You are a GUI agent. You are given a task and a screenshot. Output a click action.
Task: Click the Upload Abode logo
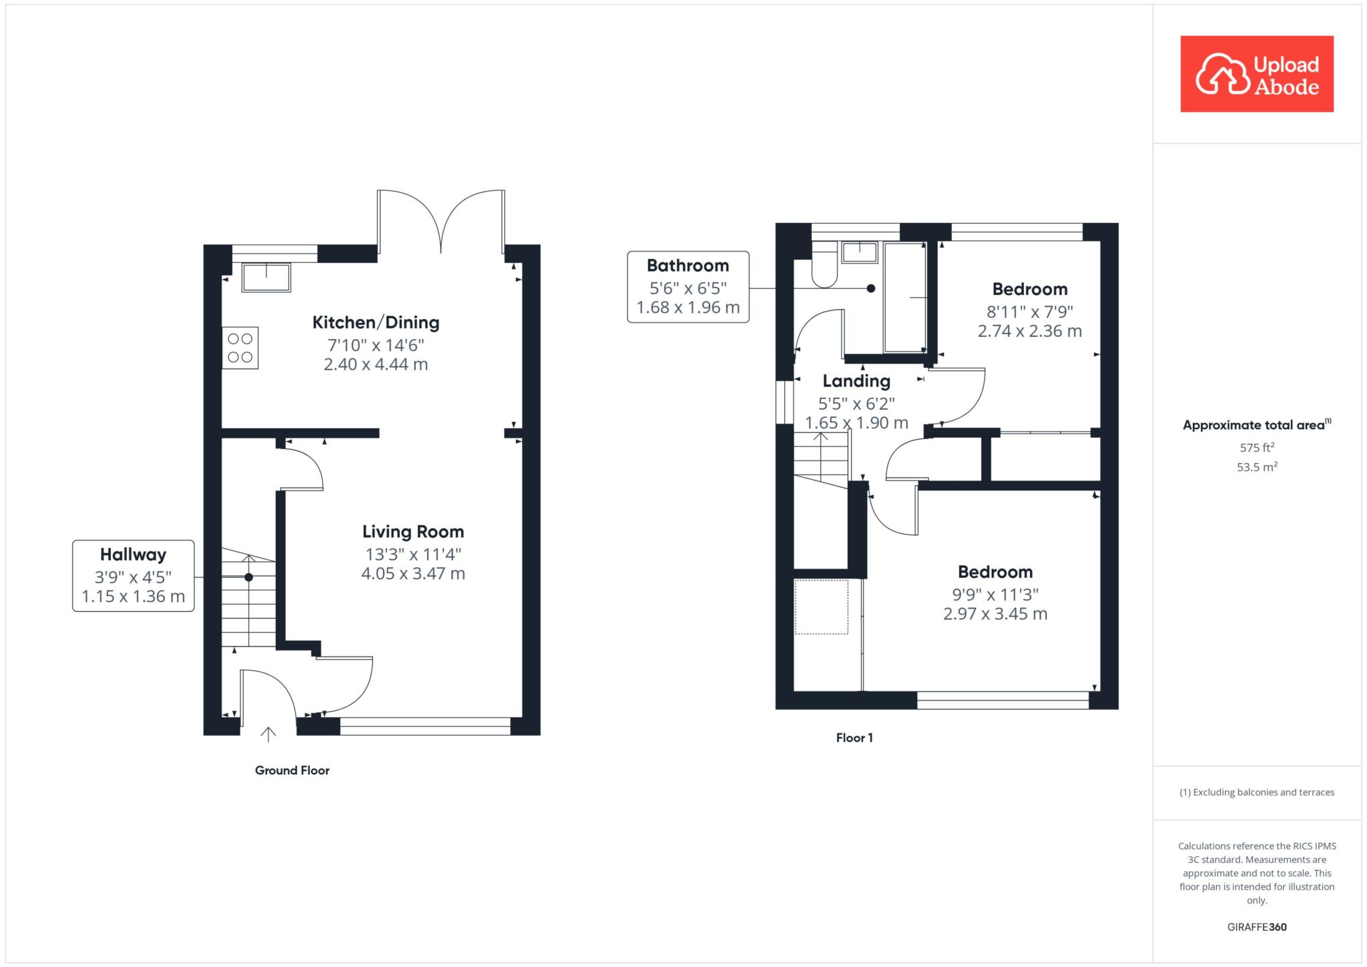pyautogui.click(x=1257, y=74)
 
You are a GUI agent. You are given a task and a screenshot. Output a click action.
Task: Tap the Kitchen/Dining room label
pyautogui.click(x=376, y=323)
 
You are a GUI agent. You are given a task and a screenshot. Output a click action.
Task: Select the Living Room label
pyautogui.click(x=413, y=532)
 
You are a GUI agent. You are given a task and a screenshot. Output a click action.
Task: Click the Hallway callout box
pyautogui.click(x=133, y=576)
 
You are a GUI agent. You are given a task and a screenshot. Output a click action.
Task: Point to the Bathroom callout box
pyautogui.click(x=688, y=287)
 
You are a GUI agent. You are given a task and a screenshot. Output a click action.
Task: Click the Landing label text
pyautogui.click(x=856, y=381)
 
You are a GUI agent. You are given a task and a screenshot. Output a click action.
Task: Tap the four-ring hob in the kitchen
pyautogui.click(x=240, y=348)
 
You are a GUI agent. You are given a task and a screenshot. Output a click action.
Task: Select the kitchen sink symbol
pyautogui.click(x=266, y=278)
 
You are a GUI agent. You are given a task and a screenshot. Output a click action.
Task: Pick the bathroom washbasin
pyautogui.click(x=860, y=252)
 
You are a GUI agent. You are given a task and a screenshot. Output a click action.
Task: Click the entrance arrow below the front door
pyautogui.click(x=268, y=734)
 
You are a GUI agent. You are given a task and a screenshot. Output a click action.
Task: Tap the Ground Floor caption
pyautogui.click(x=292, y=770)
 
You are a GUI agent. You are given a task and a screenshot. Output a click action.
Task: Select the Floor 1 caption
pyautogui.click(x=854, y=737)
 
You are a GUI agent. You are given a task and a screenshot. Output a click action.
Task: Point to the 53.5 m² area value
pyautogui.click(x=1257, y=467)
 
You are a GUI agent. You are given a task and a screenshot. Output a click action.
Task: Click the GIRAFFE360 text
pyautogui.click(x=1257, y=927)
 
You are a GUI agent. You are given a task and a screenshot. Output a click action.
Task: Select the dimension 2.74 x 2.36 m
pyautogui.click(x=1030, y=331)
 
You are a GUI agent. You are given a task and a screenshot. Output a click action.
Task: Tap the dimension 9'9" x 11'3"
pyautogui.click(x=995, y=594)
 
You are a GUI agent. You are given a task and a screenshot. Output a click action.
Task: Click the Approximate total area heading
pyautogui.click(x=1257, y=425)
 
